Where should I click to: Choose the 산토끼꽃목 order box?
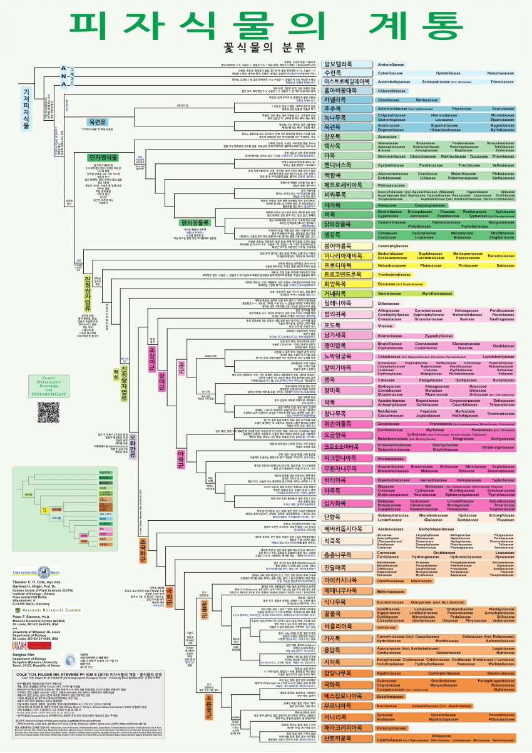pos(339,739)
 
